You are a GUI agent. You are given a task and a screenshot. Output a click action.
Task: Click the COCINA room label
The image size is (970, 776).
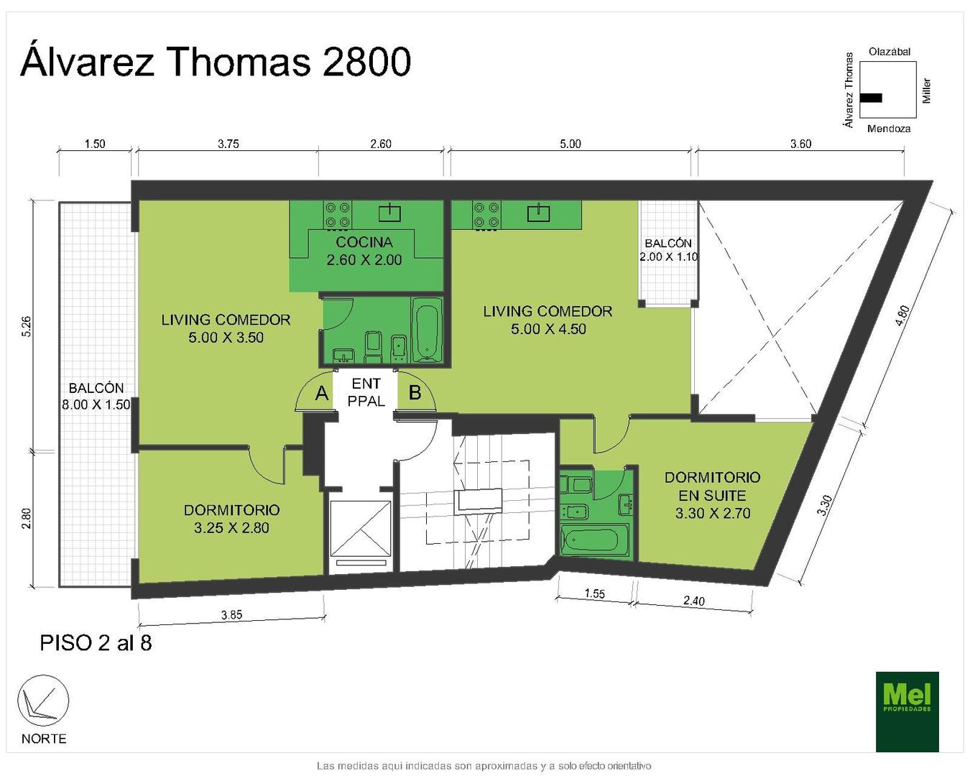coord(364,242)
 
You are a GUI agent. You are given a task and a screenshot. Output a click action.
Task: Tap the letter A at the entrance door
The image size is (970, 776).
coord(321,394)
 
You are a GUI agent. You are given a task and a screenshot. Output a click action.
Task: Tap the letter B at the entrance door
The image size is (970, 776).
coord(415,393)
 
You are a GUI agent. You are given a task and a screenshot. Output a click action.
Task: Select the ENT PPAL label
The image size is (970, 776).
coord(366,392)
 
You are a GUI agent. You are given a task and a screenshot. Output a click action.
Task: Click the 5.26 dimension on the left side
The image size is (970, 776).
coord(27,326)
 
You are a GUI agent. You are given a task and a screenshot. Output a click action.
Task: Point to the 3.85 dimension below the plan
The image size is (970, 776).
coord(231,614)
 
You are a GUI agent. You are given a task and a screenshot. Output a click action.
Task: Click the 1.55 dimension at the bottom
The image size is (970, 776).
coord(594,593)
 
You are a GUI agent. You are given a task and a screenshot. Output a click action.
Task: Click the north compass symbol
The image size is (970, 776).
coord(43,701)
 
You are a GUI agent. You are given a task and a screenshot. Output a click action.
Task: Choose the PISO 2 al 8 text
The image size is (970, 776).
coord(96,643)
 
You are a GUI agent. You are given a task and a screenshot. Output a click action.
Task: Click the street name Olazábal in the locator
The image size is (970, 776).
coord(890,52)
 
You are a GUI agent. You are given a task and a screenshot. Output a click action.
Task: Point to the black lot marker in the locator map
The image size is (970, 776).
coord(871,98)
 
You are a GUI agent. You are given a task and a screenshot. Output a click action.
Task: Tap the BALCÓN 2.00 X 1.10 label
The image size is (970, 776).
coord(668,250)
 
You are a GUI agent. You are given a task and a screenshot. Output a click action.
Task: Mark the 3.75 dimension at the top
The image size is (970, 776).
coord(228,144)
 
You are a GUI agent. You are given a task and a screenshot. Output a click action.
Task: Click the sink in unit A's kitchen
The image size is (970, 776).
coord(389,213)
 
